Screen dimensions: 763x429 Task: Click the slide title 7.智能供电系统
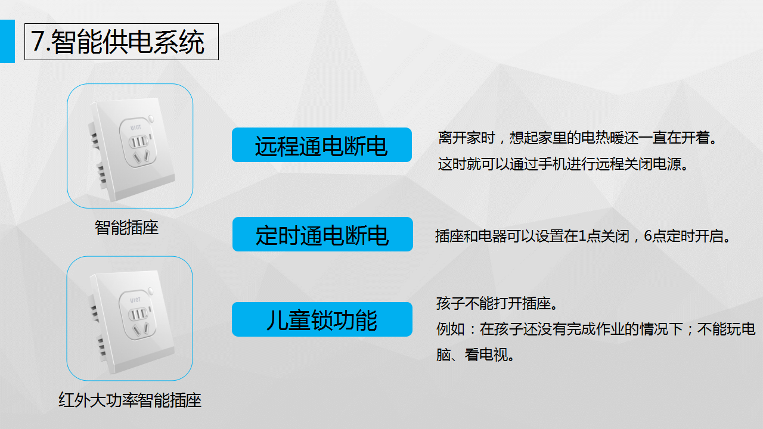click(x=118, y=42)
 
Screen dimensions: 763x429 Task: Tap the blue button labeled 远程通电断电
click(x=322, y=145)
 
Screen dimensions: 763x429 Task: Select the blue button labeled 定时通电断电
click(x=322, y=234)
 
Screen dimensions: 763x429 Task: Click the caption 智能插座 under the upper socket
click(x=126, y=228)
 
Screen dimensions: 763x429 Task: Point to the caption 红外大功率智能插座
click(x=130, y=400)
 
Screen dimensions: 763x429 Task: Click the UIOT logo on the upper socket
click(x=135, y=128)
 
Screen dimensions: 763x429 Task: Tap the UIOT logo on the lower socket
click(x=135, y=300)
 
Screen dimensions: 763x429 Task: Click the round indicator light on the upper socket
click(x=151, y=119)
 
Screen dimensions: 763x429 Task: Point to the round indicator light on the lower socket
click(x=151, y=291)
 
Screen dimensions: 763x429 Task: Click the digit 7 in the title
click(x=38, y=41)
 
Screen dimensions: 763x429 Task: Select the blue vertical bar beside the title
click(x=7, y=41)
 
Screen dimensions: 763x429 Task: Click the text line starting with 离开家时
click(x=578, y=138)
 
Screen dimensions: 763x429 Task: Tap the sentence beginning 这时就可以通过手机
click(x=563, y=164)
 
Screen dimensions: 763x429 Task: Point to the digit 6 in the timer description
click(x=647, y=235)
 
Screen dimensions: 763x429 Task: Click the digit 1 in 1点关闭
click(x=582, y=235)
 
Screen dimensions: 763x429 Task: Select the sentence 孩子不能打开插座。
click(x=497, y=303)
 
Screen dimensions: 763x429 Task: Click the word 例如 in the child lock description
click(x=450, y=329)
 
